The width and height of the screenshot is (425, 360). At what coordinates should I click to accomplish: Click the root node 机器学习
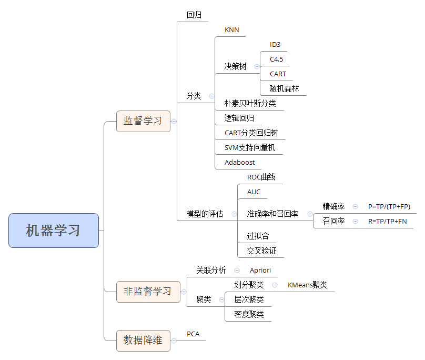(54, 231)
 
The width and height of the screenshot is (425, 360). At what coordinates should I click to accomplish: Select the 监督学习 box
(143, 121)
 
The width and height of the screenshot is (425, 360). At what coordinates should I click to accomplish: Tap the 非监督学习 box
(147, 292)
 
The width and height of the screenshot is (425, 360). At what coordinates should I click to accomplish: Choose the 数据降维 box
(143, 340)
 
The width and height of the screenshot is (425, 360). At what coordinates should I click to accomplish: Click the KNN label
(231, 30)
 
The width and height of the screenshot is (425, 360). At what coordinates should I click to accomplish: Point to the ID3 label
(275, 45)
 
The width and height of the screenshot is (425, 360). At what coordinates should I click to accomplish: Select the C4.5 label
(277, 59)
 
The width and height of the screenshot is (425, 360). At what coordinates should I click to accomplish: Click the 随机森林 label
(284, 88)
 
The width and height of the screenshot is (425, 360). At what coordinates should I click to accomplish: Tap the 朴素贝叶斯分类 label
(250, 103)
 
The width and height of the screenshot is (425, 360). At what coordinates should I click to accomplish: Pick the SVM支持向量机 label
(249, 147)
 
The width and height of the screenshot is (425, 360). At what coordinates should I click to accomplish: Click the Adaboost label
(239, 162)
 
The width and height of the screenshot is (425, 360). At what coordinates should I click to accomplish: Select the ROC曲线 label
(261, 177)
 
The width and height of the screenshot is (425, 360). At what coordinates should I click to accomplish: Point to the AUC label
(254, 192)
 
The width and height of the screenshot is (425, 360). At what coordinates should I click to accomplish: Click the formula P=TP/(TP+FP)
(389, 207)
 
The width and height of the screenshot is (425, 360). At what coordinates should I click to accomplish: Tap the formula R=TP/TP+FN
(387, 222)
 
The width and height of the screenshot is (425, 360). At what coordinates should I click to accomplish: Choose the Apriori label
(260, 270)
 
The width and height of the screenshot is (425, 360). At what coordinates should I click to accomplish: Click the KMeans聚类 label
(307, 285)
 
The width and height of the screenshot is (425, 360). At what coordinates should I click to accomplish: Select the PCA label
(193, 334)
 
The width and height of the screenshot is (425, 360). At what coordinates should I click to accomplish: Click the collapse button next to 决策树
(257, 67)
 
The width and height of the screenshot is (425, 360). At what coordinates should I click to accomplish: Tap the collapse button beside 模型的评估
(234, 214)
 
